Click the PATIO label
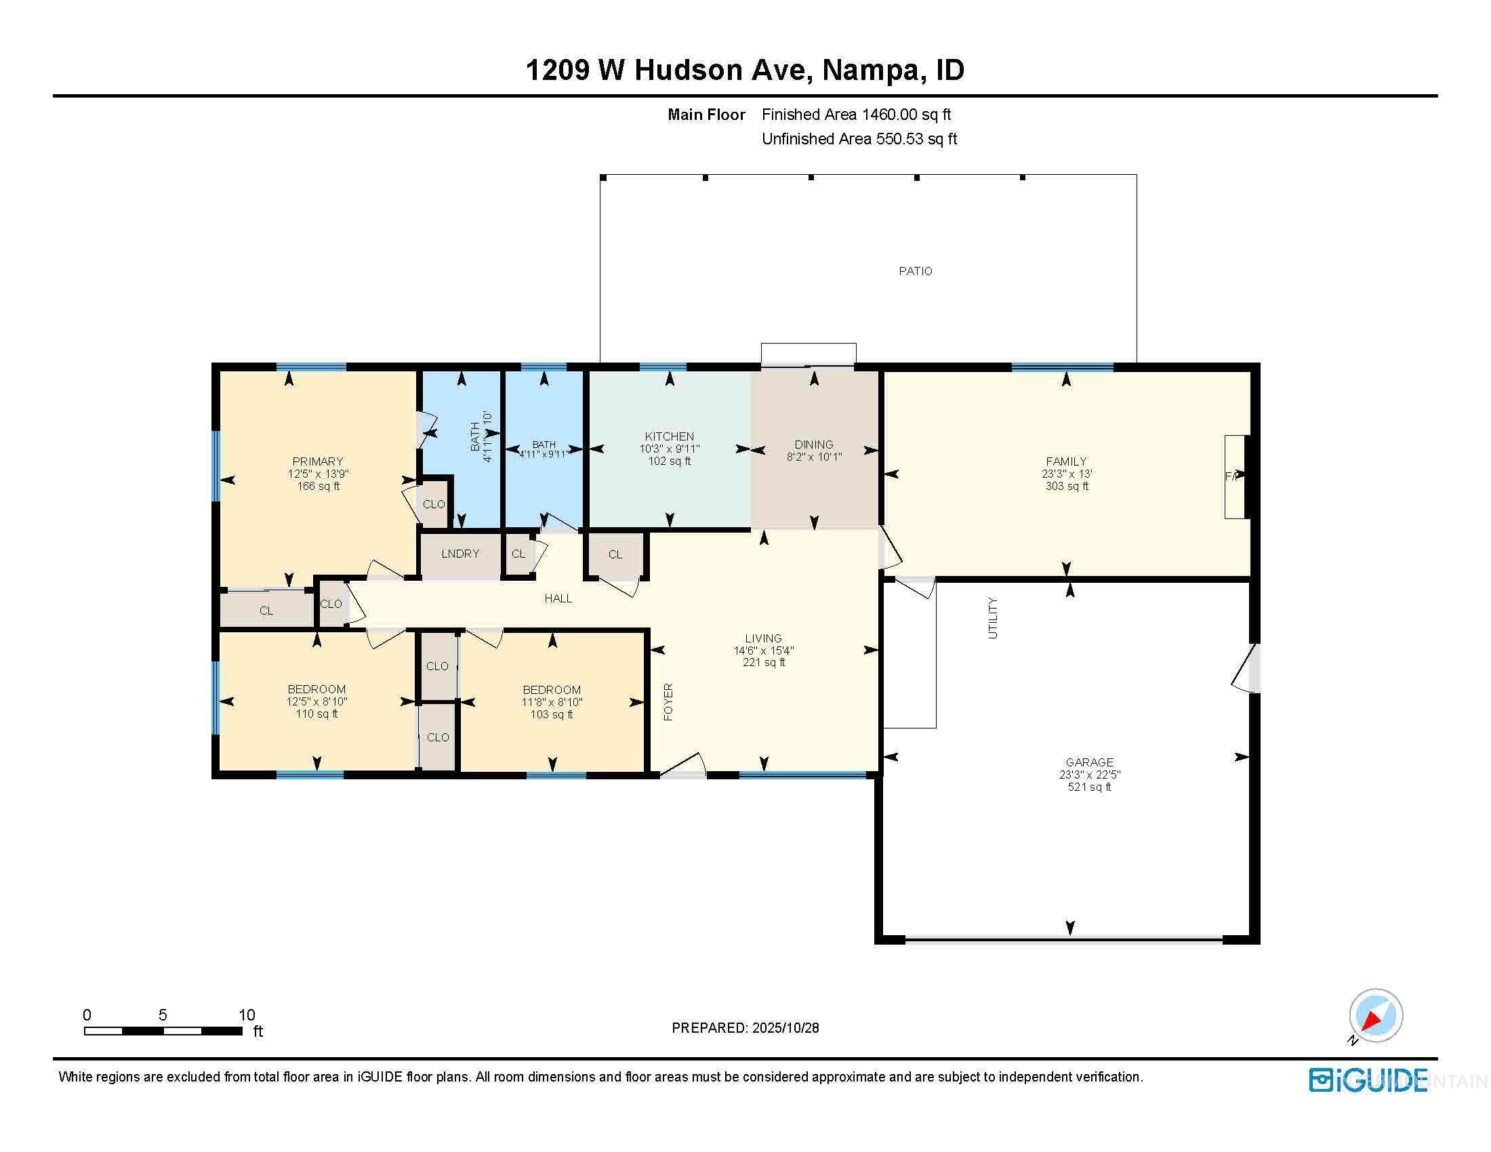[915, 271]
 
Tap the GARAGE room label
[1089, 762]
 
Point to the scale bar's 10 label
[247, 1015]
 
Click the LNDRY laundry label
[460, 554]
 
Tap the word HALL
[558, 598]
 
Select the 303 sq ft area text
[1066, 486]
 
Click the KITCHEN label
[669, 436]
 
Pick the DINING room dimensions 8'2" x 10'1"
[814, 457]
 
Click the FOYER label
[668, 701]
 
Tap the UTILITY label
[993, 617]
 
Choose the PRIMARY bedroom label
[317, 461]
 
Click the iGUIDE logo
[1368, 1080]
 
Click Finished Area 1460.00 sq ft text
[856, 115]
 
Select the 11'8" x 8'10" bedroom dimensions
[552, 702]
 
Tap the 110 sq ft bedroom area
[316, 714]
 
